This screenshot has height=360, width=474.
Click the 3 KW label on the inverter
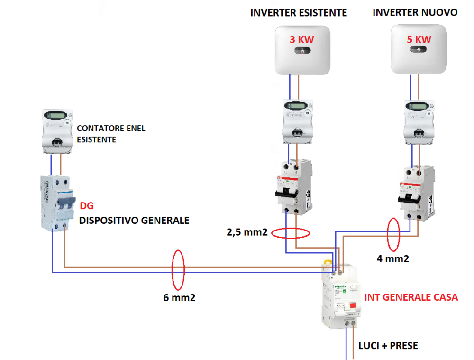(302, 40)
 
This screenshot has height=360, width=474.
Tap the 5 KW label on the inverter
(419, 40)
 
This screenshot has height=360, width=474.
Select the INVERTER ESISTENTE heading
(299, 13)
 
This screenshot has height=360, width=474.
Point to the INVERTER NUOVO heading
(415, 13)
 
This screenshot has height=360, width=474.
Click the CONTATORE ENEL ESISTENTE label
(111, 134)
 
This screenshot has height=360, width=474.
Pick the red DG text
(87, 205)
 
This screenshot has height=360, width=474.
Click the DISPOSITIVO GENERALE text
(134, 221)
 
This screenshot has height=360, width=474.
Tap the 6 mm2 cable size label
(179, 298)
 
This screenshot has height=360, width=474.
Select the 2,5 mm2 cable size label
(247, 233)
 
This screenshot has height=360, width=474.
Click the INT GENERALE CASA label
(411, 297)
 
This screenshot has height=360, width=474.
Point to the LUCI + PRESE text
(388, 346)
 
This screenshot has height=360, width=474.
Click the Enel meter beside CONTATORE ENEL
(58, 131)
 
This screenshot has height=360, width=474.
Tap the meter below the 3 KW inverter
(297, 121)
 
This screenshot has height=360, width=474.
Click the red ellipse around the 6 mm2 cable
(178, 269)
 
